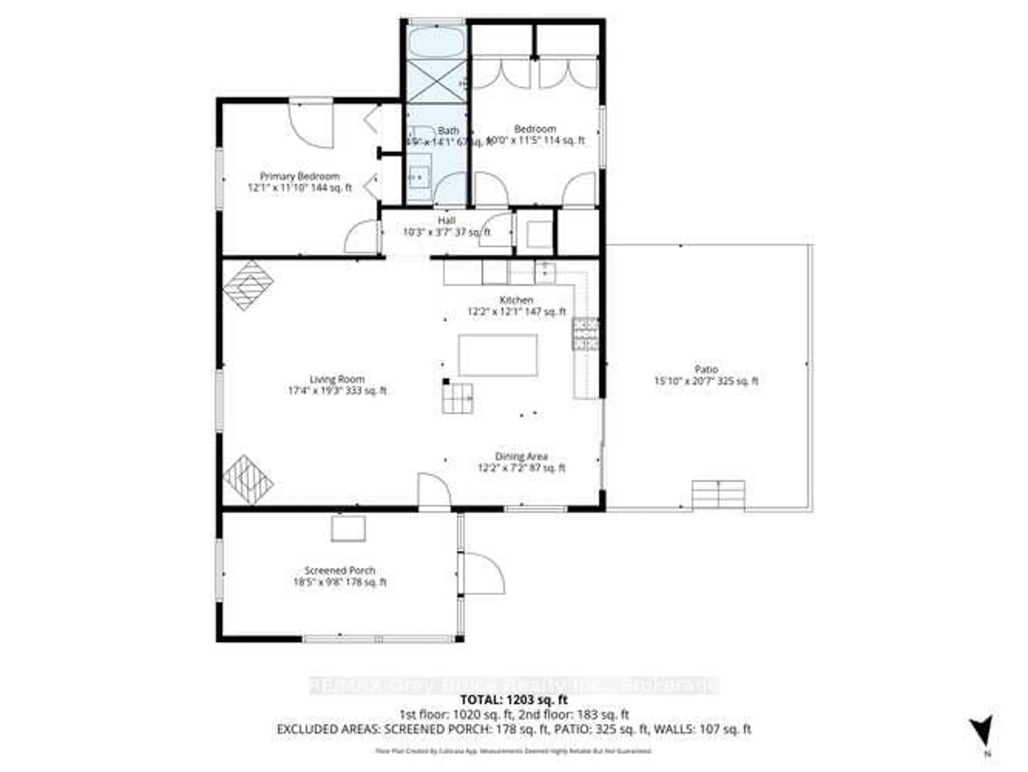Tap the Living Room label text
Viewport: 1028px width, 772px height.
tap(337, 379)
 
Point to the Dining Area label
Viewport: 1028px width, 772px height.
tap(521, 456)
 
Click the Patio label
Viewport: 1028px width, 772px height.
tap(706, 370)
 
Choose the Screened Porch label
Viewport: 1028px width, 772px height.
tap(340, 570)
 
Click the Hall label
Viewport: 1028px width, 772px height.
tap(446, 220)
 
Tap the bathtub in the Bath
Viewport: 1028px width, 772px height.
tap(436, 43)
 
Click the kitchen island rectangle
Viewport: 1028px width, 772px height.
tap(498, 355)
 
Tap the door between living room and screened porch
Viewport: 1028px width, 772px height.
tap(434, 493)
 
